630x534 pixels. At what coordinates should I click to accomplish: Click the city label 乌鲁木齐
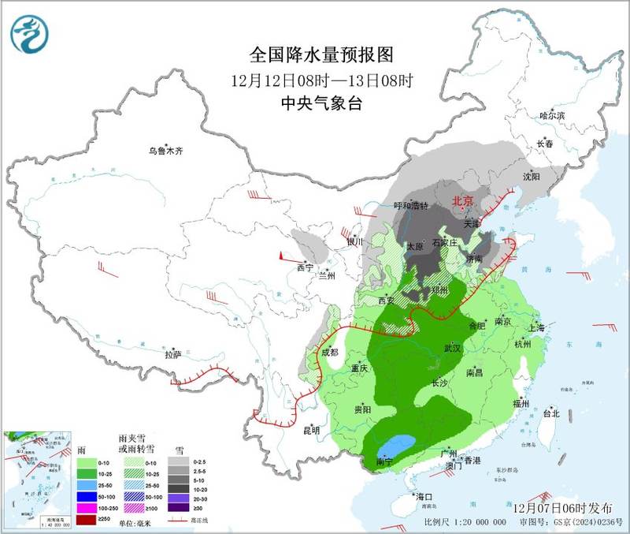click(166, 151)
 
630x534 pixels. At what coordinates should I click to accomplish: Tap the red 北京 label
click(462, 201)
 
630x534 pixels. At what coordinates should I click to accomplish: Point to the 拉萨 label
click(173, 355)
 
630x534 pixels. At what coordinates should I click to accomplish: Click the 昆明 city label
click(310, 431)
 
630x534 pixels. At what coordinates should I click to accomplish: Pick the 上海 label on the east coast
click(538, 327)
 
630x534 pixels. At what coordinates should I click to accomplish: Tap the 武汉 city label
click(451, 347)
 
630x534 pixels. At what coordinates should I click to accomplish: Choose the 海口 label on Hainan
click(426, 497)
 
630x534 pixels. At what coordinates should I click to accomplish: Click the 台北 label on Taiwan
click(550, 413)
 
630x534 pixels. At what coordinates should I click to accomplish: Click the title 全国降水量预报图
click(321, 55)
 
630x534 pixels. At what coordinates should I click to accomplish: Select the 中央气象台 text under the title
click(321, 103)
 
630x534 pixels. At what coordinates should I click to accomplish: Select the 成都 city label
click(329, 353)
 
